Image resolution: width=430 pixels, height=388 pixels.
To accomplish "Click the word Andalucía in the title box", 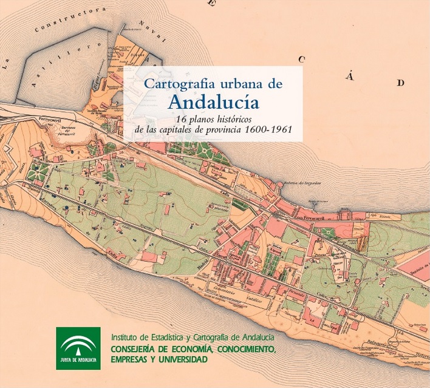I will click(213, 100).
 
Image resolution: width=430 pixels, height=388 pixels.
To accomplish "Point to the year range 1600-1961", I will click(273, 129).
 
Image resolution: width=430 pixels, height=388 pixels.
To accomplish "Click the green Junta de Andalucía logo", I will click(78, 348).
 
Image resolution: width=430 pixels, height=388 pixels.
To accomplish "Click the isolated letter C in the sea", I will click(302, 60).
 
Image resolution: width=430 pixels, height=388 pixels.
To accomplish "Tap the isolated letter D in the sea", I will click(400, 83).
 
